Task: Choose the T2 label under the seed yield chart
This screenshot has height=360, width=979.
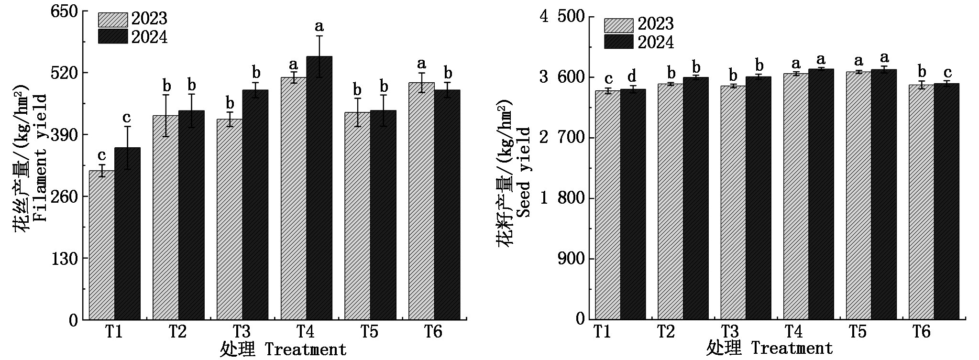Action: point(666,332)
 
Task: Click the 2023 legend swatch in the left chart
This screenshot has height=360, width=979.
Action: point(113,20)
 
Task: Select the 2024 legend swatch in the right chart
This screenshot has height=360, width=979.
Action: point(618,42)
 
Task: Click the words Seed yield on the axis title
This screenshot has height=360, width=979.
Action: point(524,172)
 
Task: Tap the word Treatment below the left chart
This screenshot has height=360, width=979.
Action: point(305,349)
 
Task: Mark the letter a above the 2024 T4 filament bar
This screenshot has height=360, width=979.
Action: point(319,25)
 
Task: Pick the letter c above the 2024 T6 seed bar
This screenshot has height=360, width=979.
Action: point(947,73)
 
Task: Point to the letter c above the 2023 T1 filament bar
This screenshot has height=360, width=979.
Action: point(101,155)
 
